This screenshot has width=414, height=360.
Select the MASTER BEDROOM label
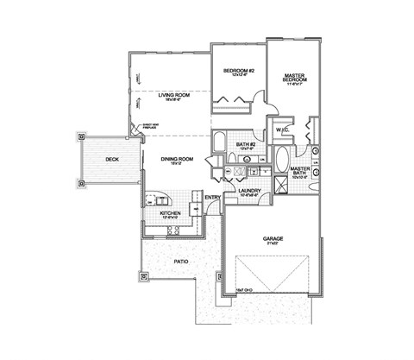click(x=296, y=79)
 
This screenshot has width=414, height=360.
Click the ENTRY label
click(x=212, y=198)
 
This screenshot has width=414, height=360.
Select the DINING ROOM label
click(x=177, y=159)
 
